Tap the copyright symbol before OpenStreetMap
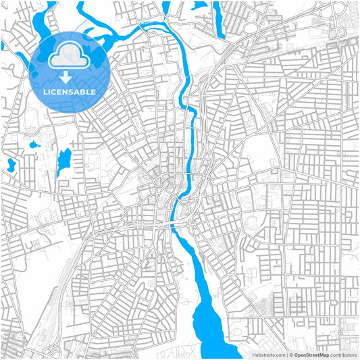tap(290, 354)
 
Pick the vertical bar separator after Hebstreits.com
tap(286, 354)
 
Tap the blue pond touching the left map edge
tap(10, 164)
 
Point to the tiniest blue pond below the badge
tap(34, 144)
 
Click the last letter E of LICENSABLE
tap(94, 91)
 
